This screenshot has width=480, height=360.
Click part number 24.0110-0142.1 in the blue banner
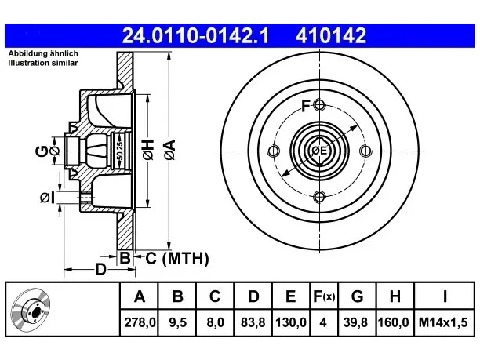coord(195,35)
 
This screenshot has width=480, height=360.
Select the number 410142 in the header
coord(331,35)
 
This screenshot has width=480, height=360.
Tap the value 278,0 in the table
coord(140,322)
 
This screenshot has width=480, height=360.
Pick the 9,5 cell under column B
coord(177,322)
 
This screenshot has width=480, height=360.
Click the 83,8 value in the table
coord(253,322)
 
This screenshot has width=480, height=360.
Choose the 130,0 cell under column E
coord(291,322)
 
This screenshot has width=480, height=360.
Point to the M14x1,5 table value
coord(444,322)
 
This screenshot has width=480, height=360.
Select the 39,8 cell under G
coord(355,322)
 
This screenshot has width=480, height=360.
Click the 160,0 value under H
coord(394,322)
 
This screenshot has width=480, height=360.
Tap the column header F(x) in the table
coord(324,296)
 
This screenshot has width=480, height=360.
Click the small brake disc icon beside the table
coord(31,310)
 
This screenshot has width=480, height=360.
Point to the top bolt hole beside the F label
coord(319,105)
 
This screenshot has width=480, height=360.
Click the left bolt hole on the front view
coord(274,151)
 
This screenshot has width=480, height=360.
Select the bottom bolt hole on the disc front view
coord(319,197)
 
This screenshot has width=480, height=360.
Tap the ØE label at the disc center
coord(319,151)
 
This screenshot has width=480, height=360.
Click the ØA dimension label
coord(170,150)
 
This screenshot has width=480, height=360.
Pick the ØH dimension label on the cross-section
coord(148,150)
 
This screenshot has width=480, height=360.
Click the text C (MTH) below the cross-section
coord(177,258)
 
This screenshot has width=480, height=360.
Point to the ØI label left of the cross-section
coord(47,198)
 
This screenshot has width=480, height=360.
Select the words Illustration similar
coord(43,63)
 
